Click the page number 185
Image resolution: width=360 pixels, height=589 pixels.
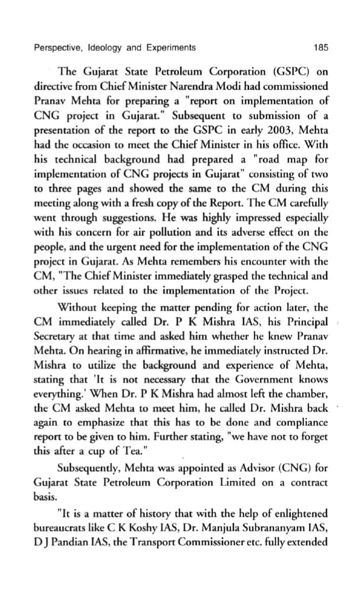[320, 48]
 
